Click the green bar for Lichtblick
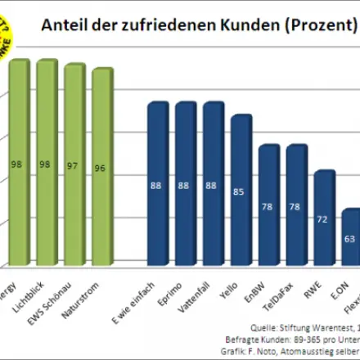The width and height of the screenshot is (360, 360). coord(46,164)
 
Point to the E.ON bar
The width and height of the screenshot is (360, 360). coord(350,237)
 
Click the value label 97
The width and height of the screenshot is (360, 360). coord(74,164)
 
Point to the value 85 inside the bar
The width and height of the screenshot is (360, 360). coord(241,192)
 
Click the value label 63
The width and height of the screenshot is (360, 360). coord(349,239)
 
